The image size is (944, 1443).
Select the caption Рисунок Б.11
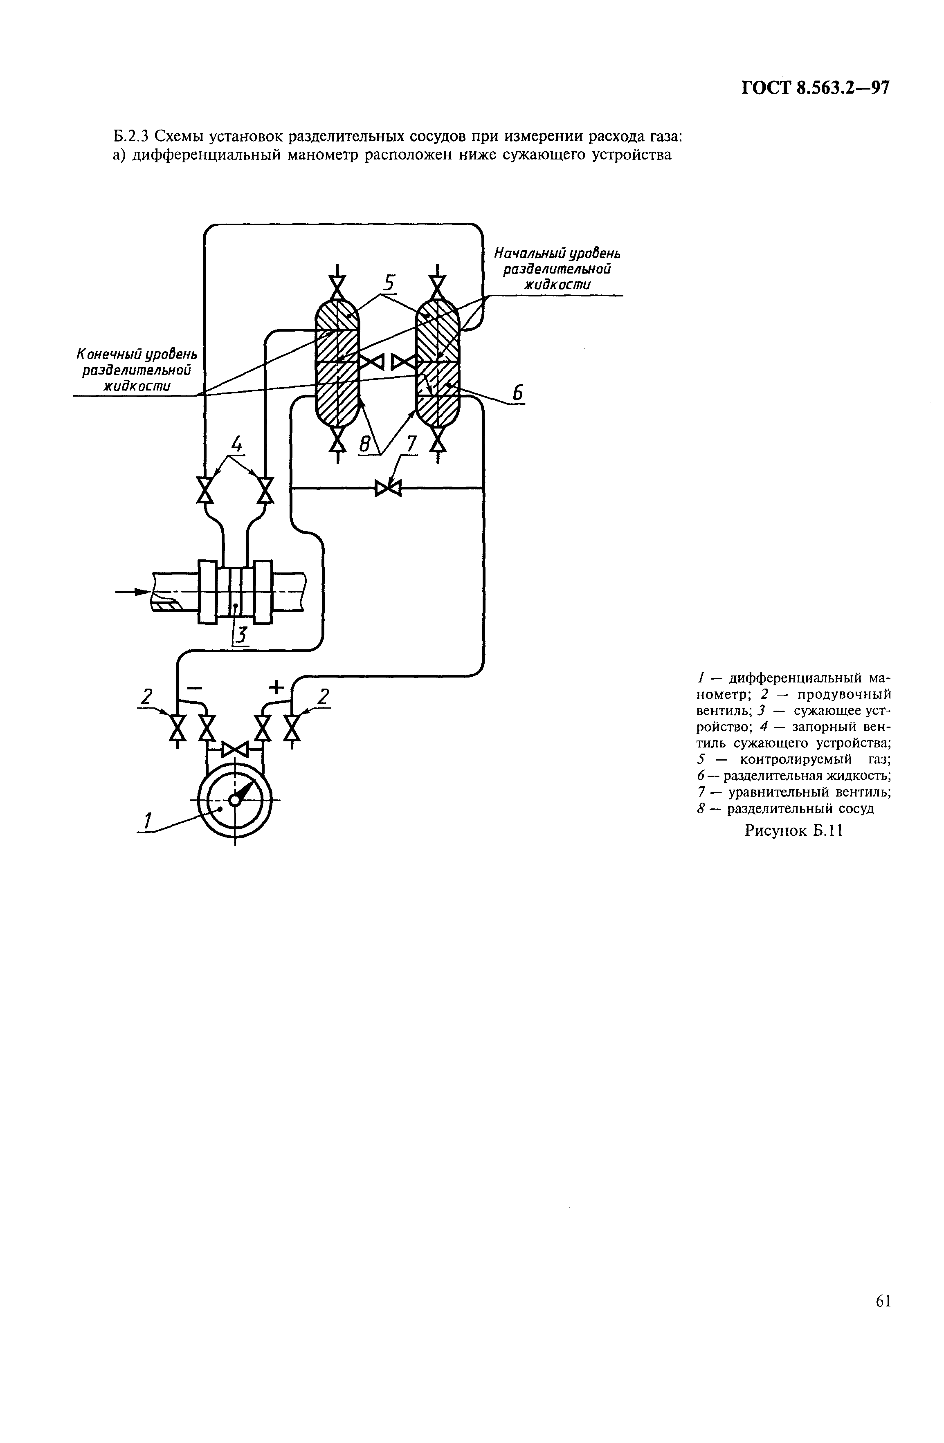coord(794,830)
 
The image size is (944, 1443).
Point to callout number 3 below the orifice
coord(241,635)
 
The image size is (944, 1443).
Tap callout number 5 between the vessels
coord(389,283)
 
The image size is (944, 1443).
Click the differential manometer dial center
coord(234,800)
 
